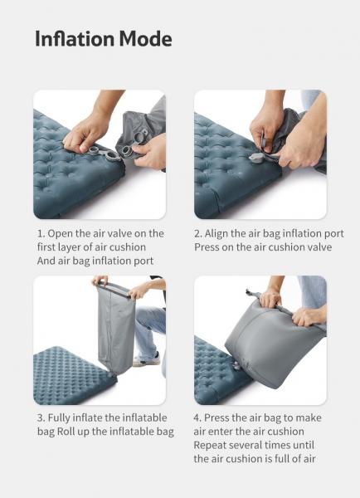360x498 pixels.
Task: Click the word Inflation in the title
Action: [75, 38]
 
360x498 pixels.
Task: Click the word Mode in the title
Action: [146, 38]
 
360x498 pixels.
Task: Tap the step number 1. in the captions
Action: [41, 233]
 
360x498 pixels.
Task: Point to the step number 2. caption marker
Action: [198, 233]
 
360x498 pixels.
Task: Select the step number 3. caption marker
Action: [41, 417]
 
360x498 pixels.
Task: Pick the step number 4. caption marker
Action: [197, 417]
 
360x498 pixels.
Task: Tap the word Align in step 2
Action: [216, 234]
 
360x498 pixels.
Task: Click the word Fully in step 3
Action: [59, 418]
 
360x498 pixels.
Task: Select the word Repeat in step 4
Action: [210, 446]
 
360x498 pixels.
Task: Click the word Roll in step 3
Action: [66, 432]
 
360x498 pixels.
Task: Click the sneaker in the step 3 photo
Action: [147, 359]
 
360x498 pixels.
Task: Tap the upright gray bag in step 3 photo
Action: [115, 330]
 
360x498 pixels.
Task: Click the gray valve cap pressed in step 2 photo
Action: [255, 158]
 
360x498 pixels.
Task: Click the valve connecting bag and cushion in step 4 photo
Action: [236, 366]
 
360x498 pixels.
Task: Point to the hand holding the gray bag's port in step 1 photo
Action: [151, 153]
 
